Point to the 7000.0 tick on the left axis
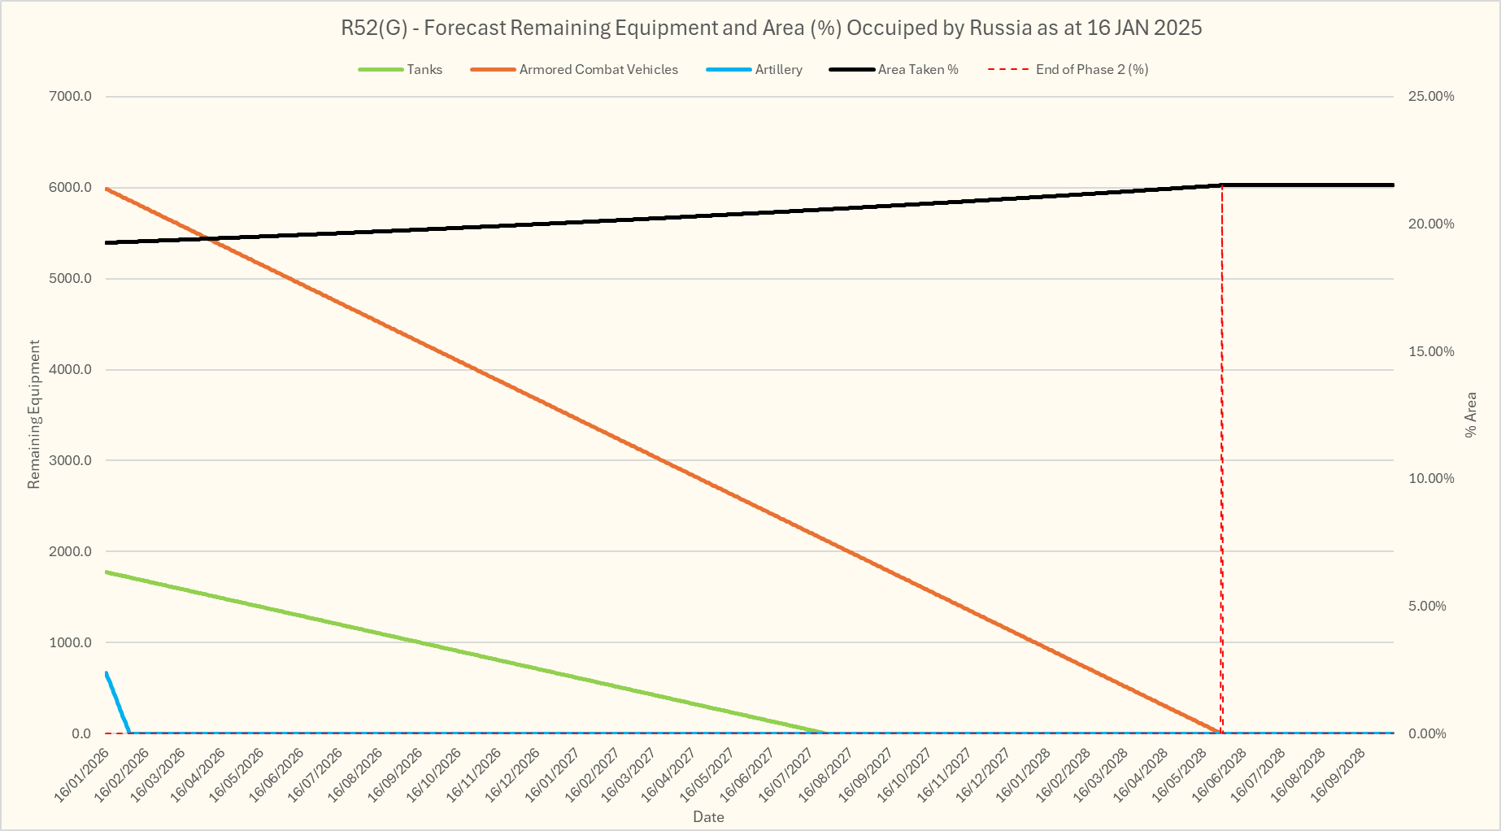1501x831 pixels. pyautogui.click(x=71, y=97)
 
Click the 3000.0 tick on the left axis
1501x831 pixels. pyautogui.click(x=71, y=461)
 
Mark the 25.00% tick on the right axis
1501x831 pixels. pyautogui.click(x=1431, y=97)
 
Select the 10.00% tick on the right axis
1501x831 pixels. pyautogui.click(x=1431, y=479)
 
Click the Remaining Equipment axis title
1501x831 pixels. pyautogui.click(x=34, y=415)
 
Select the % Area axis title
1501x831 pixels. pyautogui.click(x=1470, y=415)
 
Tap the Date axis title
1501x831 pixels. pyautogui.click(x=708, y=817)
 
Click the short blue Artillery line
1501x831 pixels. pyautogui.click(x=117, y=701)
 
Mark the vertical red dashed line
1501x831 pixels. pyautogui.click(x=1221, y=455)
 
